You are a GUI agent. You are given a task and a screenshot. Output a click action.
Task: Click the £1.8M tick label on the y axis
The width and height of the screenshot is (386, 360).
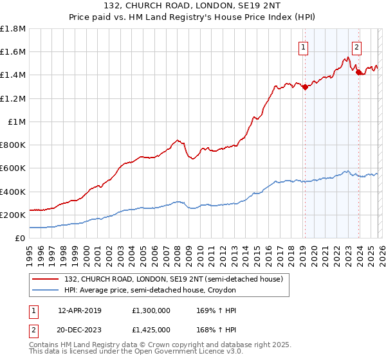[14, 29]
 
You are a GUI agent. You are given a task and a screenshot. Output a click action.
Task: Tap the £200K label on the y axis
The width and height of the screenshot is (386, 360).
[12, 215]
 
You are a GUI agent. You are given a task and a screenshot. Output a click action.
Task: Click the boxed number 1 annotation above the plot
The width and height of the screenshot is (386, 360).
[302, 46]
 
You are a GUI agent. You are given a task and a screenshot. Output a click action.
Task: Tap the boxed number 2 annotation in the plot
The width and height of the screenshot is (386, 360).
[356, 46]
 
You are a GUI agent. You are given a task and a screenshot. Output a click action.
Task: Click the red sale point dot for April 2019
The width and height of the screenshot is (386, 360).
[304, 87]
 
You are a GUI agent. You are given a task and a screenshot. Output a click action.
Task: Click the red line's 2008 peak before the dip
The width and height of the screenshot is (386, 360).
[177, 140]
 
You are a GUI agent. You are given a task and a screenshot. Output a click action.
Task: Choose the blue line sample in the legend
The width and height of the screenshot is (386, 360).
[46, 290]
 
